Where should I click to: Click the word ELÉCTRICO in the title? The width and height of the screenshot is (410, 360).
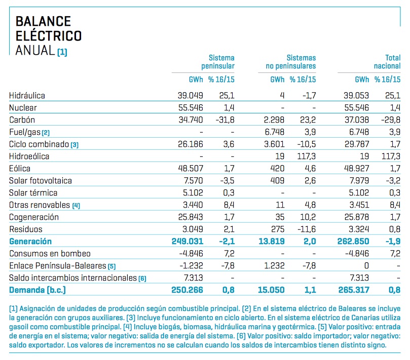coord(49,35)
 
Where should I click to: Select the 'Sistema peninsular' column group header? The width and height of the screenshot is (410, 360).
coord(218,62)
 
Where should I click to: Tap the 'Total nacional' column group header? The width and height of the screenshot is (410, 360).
coord(387,62)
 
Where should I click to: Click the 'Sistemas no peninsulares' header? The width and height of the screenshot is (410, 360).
coord(291,62)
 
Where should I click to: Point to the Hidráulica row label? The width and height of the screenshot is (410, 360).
coord(27,96)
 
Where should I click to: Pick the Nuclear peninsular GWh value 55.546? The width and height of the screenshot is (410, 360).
coord(191,108)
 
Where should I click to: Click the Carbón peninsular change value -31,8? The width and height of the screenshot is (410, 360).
coord(225,120)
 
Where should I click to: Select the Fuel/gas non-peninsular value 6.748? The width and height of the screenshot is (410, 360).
coord(274,132)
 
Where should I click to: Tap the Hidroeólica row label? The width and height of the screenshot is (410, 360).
coord(29,156)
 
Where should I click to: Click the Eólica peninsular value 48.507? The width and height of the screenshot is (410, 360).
coord(191,169)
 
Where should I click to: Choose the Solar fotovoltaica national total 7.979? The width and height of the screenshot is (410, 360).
coord(359,181)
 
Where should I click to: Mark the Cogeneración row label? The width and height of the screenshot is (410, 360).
coord(34,217)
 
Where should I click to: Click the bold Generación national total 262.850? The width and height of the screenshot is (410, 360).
coord(353,242)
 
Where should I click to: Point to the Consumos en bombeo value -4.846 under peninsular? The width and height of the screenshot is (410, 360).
coord(191,253)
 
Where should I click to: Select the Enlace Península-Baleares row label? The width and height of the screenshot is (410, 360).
coord(58,266)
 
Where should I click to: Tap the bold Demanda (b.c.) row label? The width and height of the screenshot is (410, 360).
coord(38,290)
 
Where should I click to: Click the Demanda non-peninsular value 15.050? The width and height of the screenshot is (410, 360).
coord(271,290)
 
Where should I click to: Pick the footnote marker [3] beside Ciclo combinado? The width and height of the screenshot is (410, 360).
coord(74,145)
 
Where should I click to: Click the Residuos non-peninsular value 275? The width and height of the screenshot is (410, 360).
coord(277,229)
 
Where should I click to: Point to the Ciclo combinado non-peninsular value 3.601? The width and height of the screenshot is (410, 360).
coord(274,144)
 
